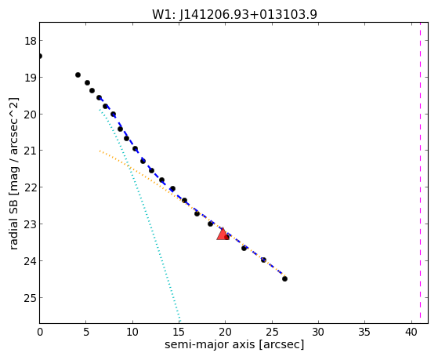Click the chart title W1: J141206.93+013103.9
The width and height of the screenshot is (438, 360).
coord(234,14)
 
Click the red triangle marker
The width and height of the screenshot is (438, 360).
coord(223,235)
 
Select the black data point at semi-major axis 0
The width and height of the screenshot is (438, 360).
coord(40,56)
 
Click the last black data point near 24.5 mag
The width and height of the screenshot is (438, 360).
coord(284,278)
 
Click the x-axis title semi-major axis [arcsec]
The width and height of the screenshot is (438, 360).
coord(234,344)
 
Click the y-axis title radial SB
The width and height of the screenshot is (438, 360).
coord(14,173)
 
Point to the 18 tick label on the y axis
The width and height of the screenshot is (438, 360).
coord(31,41)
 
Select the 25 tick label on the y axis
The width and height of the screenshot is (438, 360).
coord(31,298)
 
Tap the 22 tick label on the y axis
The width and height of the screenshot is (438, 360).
coord(31,187)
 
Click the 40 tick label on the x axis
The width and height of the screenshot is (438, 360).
coord(411,332)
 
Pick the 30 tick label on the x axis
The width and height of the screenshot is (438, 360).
coord(318,332)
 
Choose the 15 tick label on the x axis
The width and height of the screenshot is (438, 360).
coord(179,332)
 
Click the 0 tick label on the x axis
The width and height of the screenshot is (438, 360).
coord(40,332)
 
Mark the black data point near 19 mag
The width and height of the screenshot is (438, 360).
coord(78,75)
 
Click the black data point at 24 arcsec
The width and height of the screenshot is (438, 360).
coord(263,260)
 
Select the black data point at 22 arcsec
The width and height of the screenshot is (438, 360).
coord(244,248)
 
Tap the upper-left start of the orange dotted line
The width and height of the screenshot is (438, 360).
coord(100,151)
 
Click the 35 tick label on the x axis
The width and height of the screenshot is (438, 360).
coord(364,332)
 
